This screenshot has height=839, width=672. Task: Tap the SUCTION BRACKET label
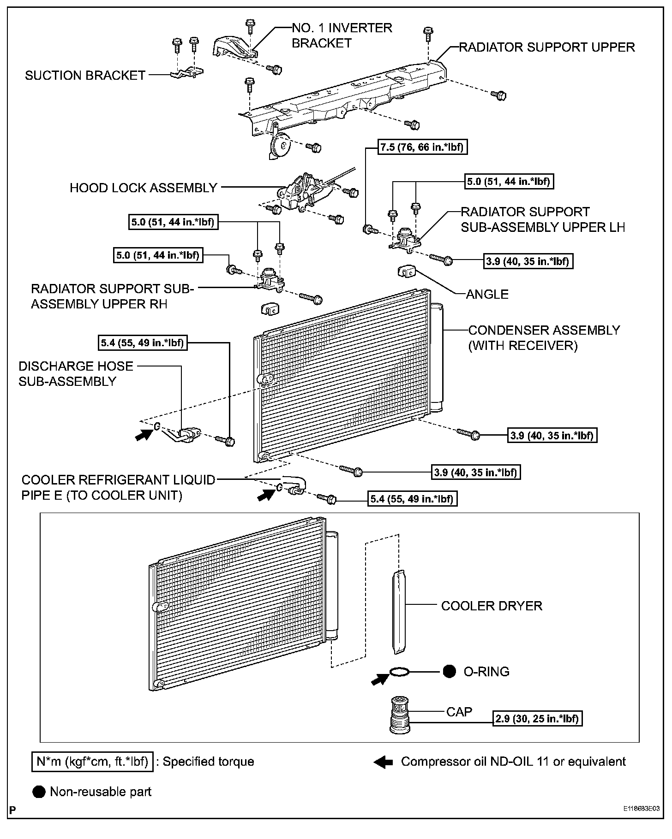(x=85, y=76)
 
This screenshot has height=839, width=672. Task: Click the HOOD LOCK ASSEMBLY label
(x=143, y=188)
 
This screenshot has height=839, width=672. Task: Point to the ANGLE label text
(x=487, y=294)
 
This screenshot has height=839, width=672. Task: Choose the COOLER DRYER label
(x=492, y=606)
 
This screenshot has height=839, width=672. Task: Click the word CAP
(x=459, y=712)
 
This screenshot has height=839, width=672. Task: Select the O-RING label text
(x=486, y=672)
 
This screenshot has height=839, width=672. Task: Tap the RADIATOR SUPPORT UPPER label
(x=547, y=47)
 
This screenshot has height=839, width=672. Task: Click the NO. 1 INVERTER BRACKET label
(x=342, y=35)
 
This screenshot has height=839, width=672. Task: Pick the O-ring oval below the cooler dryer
(x=399, y=673)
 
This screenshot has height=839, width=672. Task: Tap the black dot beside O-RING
(x=449, y=672)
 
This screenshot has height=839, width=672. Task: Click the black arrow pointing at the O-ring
(x=380, y=678)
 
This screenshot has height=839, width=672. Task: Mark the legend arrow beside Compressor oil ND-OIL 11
(x=383, y=762)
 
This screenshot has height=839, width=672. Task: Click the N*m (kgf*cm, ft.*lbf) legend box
(x=92, y=762)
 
